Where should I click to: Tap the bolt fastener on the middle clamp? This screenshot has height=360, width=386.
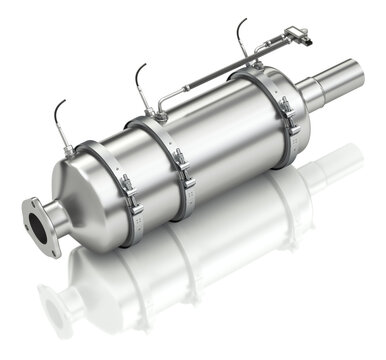coord(182,166)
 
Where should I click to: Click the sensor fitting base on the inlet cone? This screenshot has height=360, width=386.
coord(68,151)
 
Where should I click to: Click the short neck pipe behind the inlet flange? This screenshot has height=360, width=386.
coord(54,210)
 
